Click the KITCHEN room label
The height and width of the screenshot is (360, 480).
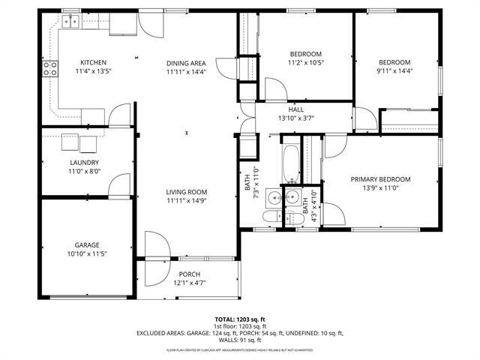[x=94, y=62]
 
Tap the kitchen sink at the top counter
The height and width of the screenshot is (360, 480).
[x=71, y=22]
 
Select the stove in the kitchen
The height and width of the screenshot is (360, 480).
[x=51, y=69]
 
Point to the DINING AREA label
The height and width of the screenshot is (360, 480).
[x=186, y=62]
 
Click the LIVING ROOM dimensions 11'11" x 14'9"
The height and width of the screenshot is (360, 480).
[x=186, y=200]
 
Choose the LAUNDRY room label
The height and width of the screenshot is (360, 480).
[x=85, y=162]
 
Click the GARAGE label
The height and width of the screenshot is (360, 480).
[x=86, y=245]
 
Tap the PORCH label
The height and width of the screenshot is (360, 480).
[x=189, y=274]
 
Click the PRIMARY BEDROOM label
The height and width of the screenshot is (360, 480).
[x=381, y=179]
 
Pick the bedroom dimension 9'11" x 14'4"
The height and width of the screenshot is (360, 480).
[x=394, y=71]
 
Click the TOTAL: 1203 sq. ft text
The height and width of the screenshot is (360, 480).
[x=239, y=319]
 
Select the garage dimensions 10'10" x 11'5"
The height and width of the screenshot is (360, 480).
[x=86, y=254]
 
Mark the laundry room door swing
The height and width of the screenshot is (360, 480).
[x=118, y=184]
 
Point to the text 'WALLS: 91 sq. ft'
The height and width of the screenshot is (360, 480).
[x=239, y=340]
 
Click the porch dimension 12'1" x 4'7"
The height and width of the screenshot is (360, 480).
[x=189, y=283]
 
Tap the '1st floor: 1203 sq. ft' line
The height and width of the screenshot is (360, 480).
[x=239, y=326]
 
